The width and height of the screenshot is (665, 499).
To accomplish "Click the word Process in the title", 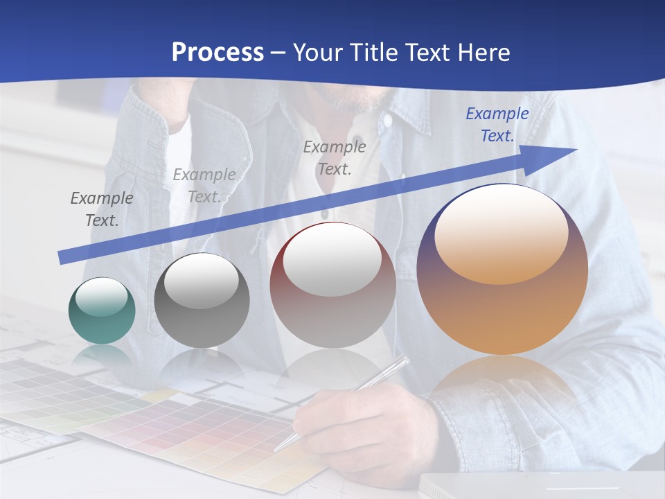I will click(x=218, y=53).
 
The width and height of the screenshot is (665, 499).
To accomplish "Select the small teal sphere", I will click(x=102, y=311).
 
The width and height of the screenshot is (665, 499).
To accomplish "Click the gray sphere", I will click(x=202, y=301).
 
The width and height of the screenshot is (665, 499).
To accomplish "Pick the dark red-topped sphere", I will click(x=332, y=285).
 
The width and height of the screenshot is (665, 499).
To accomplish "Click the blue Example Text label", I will click(x=497, y=125).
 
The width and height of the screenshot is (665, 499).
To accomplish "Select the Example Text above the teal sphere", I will click(x=101, y=209).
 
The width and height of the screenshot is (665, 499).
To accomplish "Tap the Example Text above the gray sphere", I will click(x=204, y=186).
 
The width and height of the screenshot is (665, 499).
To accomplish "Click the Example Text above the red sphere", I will click(x=335, y=157).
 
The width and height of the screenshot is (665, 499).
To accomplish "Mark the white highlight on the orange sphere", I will click(x=501, y=232).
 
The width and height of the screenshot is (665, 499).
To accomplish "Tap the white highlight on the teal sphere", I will click(x=101, y=297).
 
